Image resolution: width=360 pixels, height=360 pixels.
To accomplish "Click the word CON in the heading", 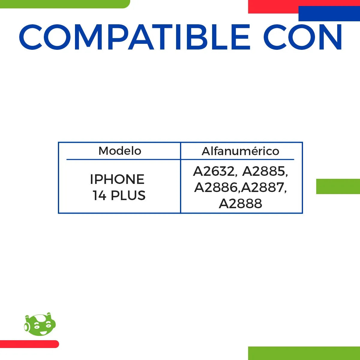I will click(x=303, y=37).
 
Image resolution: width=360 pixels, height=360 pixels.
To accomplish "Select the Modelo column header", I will click(x=120, y=151).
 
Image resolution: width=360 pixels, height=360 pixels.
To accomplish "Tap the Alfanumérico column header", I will click(x=240, y=151).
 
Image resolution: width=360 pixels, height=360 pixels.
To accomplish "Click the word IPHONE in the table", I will click(x=117, y=179).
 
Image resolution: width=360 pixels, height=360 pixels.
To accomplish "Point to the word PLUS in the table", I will click(x=128, y=196).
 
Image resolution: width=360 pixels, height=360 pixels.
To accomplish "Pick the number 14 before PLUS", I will click(x=99, y=196).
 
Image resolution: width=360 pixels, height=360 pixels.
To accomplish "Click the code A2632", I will click(x=214, y=171).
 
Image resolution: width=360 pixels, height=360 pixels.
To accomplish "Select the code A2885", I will click(x=264, y=171).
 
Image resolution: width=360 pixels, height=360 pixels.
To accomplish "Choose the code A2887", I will click(x=263, y=187).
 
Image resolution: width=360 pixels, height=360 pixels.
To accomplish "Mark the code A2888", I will click(x=240, y=204).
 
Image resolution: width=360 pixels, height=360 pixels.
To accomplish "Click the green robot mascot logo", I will click(x=40, y=325).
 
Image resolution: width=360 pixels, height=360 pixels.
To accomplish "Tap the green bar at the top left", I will click(x=64, y=4).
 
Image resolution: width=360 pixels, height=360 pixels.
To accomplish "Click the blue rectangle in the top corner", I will click(x=329, y=13).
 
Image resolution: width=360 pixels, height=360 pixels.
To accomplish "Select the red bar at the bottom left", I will click(x=29, y=344).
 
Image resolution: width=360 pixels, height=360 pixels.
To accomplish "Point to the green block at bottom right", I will click(x=304, y=353).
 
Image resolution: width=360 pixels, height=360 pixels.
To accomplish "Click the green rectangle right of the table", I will click(x=338, y=186).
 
